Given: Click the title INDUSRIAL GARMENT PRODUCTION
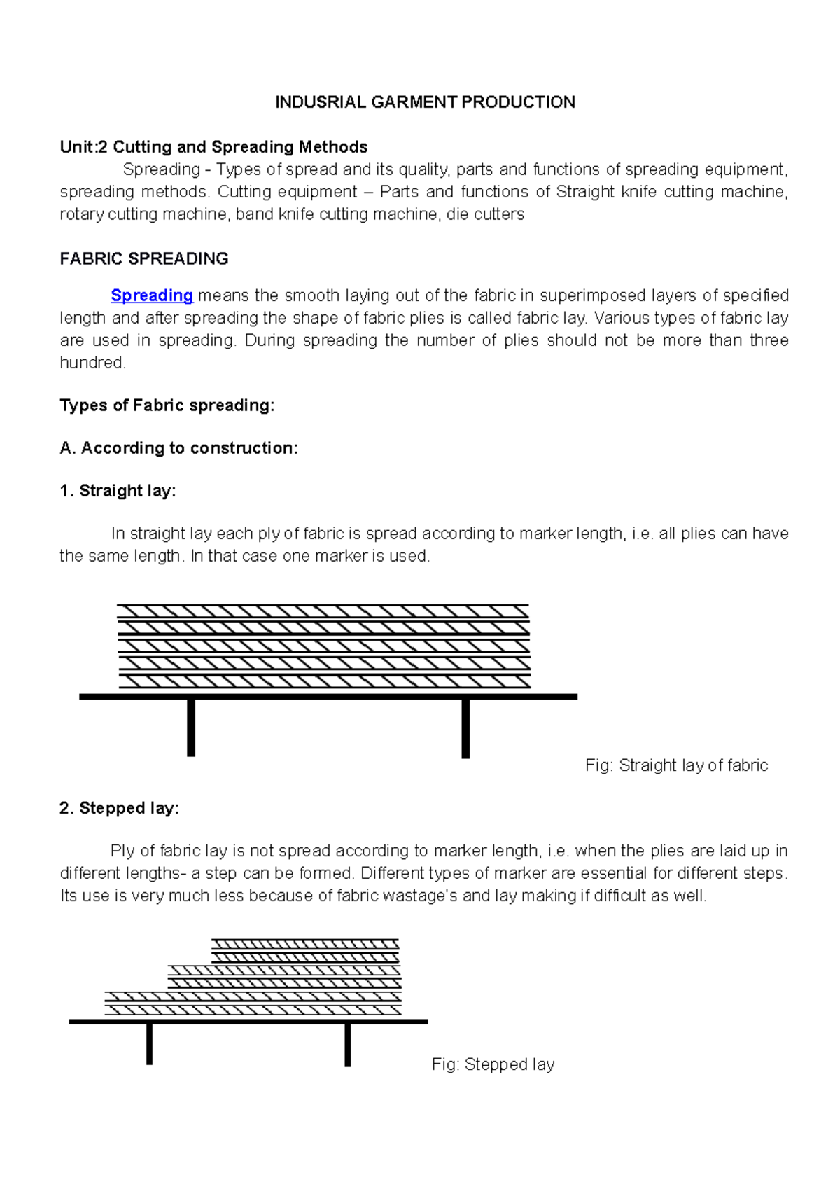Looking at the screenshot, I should pos(425,102).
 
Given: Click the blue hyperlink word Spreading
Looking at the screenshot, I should pos(152,295).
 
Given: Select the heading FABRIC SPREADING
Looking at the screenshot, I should pos(144,259).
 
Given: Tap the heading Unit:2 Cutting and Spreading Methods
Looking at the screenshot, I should pos(213,147).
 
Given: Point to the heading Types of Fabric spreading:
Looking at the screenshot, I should pos(167,405).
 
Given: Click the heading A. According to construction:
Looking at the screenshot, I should pos(179,448).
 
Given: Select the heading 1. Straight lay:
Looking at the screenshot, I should pos(118,491).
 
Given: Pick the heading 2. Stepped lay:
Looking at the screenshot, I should pos(120,808).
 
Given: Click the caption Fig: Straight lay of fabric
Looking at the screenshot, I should pos(676,765).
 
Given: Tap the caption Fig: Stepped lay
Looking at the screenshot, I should pos(493,1064).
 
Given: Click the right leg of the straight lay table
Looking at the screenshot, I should pos(465,728).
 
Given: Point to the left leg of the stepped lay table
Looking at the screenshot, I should pos(149,1043).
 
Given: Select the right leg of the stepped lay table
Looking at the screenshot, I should pos(348,1044).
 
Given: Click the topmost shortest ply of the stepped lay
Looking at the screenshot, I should pos(305,943).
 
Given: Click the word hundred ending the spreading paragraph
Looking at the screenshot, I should pos(92,363).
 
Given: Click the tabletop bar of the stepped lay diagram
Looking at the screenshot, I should pos(248,1022).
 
